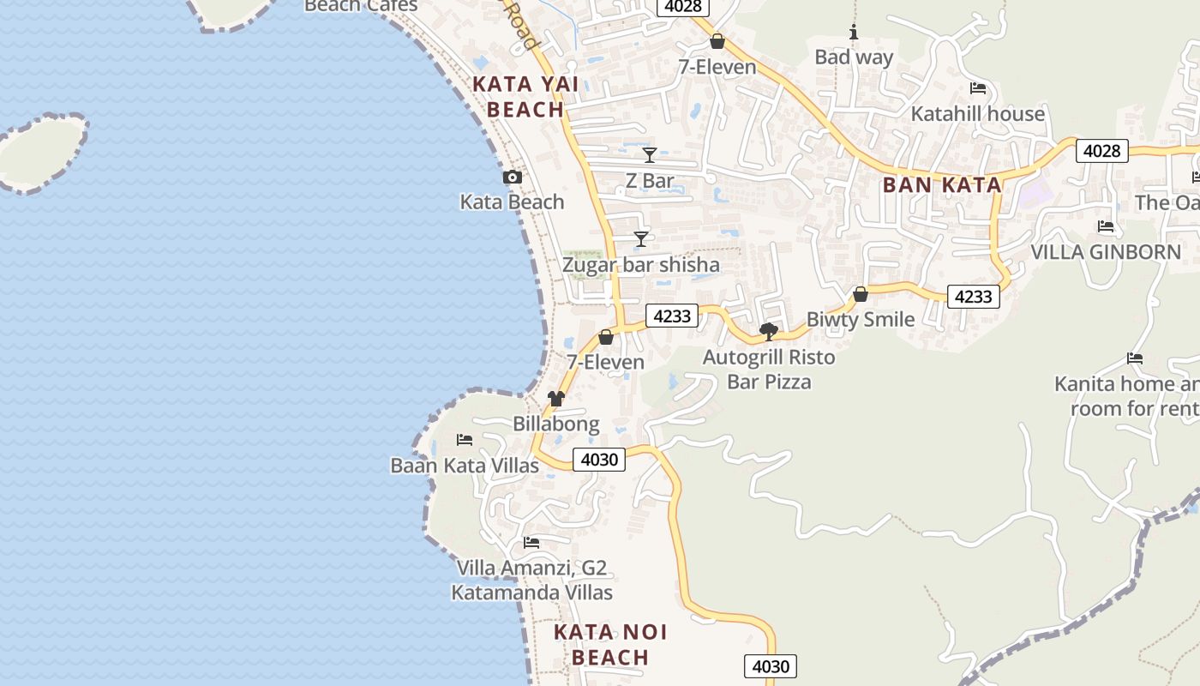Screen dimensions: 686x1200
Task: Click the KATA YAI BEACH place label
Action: pos(525,97)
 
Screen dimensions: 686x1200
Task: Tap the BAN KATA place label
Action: pos(942,185)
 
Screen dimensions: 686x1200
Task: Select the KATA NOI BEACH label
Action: pos(610,645)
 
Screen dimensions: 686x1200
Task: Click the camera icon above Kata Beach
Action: pos(513,178)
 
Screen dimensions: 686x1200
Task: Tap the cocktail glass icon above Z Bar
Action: pos(650,155)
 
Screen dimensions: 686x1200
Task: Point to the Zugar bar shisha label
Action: pos(640,265)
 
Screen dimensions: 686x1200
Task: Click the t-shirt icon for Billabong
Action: pos(556,399)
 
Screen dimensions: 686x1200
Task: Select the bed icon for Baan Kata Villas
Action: pos(465,440)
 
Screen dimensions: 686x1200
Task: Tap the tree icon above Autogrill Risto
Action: pos(769,331)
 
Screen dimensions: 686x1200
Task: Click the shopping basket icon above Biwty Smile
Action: pos(861,295)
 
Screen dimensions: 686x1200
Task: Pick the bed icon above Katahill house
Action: pos(978,88)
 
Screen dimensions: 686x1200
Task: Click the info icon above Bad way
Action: pos(854,33)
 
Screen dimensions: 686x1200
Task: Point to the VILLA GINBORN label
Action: pos(1106,252)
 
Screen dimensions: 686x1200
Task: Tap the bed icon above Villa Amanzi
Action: pos(531,543)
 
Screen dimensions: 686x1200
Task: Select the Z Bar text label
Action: pos(650,181)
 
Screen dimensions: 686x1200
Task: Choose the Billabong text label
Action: pos(556,424)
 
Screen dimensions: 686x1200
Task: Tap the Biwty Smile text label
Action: pos(861,320)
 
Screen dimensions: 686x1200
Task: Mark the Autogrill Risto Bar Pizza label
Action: pos(769,369)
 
